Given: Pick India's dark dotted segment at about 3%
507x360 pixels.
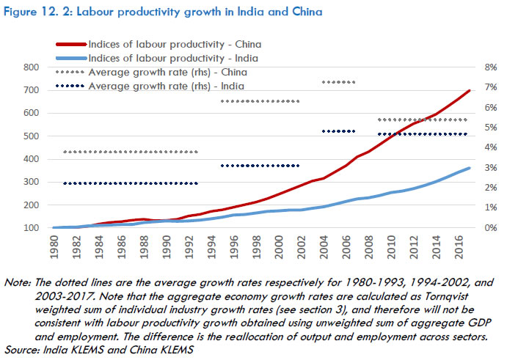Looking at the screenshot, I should (260, 166).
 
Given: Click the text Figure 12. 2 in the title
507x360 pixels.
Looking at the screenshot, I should (43, 12).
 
